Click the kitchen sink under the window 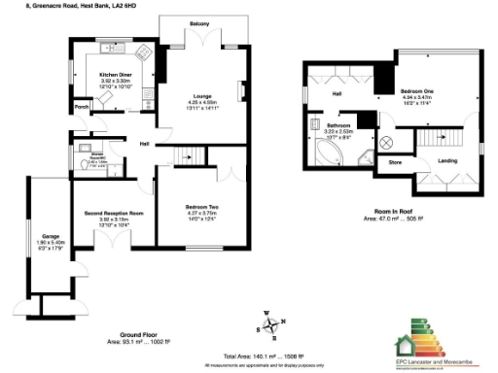pyautogui.click(x=103, y=48)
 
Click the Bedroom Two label pyautogui.click(x=201, y=207)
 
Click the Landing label pyautogui.click(x=448, y=160)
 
